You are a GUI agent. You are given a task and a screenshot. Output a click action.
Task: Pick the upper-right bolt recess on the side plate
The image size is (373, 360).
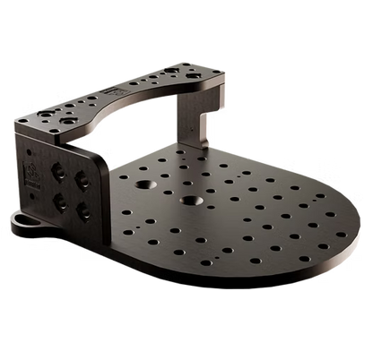[x=86, y=174]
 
